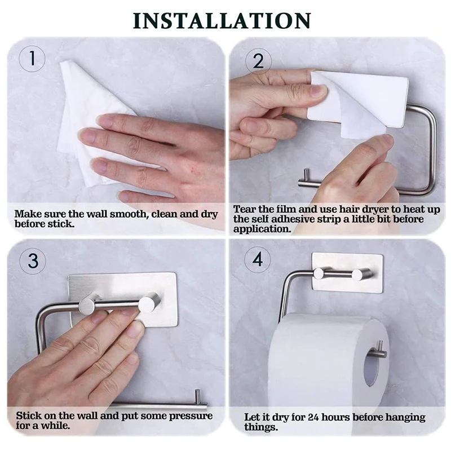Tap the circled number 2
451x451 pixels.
pos(258,60)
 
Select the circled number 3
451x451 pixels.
pos(33,261)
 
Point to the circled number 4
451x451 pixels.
pos(258,261)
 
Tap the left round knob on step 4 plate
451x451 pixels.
pos(320,274)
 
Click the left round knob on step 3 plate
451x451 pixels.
pos(89,305)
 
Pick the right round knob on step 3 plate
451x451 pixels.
pos(149,303)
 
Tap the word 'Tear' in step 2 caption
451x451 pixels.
pos(244,209)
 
